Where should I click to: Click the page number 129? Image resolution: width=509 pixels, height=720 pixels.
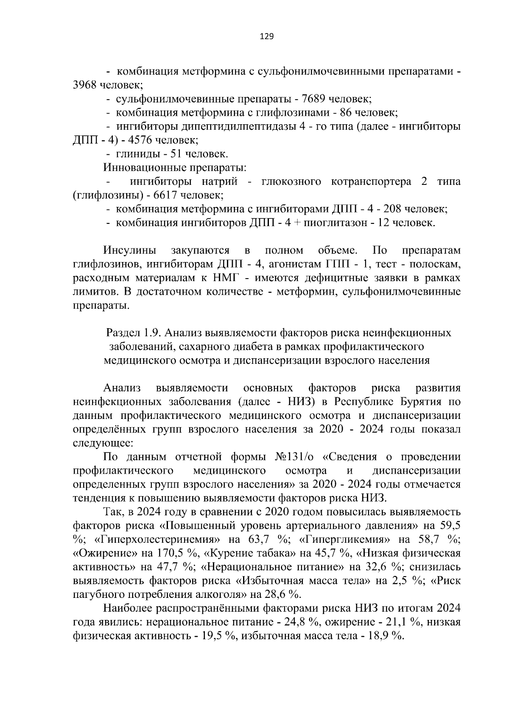point(266,36)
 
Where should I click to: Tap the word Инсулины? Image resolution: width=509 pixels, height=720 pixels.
point(129,250)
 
